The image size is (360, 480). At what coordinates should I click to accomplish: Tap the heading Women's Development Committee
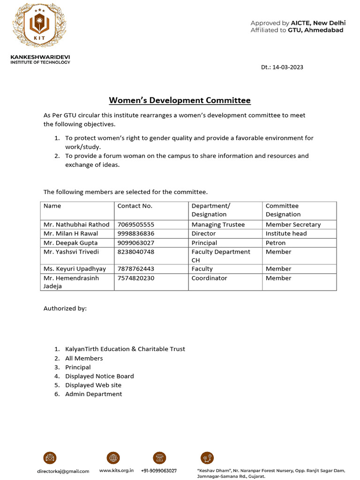(180, 100)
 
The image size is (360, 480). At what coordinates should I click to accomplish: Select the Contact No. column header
(135, 206)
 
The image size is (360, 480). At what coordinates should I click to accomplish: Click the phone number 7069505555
(136, 225)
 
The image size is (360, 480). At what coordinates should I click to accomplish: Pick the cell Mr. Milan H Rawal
(71, 233)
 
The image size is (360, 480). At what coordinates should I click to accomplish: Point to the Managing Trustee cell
(218, 225)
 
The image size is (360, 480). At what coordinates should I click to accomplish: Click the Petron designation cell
(276, 243)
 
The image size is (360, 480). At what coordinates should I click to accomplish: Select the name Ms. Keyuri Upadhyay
(75, 269)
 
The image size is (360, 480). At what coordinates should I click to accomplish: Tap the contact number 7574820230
(136, 278)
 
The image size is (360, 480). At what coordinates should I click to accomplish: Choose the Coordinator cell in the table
(209, 278)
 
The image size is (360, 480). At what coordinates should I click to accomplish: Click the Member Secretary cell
(293, 225)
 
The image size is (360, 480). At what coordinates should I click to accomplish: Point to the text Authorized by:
(65, 308)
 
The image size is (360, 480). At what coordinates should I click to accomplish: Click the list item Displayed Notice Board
(99, 376)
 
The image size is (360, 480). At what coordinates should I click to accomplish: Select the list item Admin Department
(93, 394)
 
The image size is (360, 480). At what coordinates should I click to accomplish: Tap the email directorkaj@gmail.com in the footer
(63, 471)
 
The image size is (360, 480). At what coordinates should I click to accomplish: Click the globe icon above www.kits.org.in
(113, 458)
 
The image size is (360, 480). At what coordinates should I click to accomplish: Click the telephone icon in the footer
(159, 458)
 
